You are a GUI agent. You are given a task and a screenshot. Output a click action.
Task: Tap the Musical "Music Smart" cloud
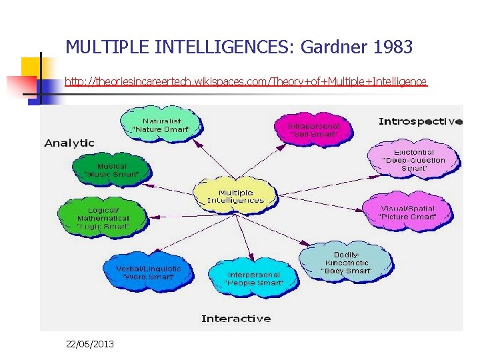[x=111, y=170]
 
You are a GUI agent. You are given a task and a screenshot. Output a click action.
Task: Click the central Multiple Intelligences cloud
[x=235, y=195]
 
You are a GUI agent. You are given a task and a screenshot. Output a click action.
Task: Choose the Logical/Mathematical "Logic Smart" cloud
[x=103, y=218]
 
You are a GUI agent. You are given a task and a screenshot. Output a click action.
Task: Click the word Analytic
[x=69, y=143]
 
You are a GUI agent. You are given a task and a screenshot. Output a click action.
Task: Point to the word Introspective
[x=420, y=121]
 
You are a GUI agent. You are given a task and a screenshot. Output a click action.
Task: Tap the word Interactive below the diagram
[x=236, y=319]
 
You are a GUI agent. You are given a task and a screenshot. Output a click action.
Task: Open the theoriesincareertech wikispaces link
[x=245, y=82]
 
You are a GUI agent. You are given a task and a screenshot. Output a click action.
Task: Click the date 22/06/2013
[x=90, y=344]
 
